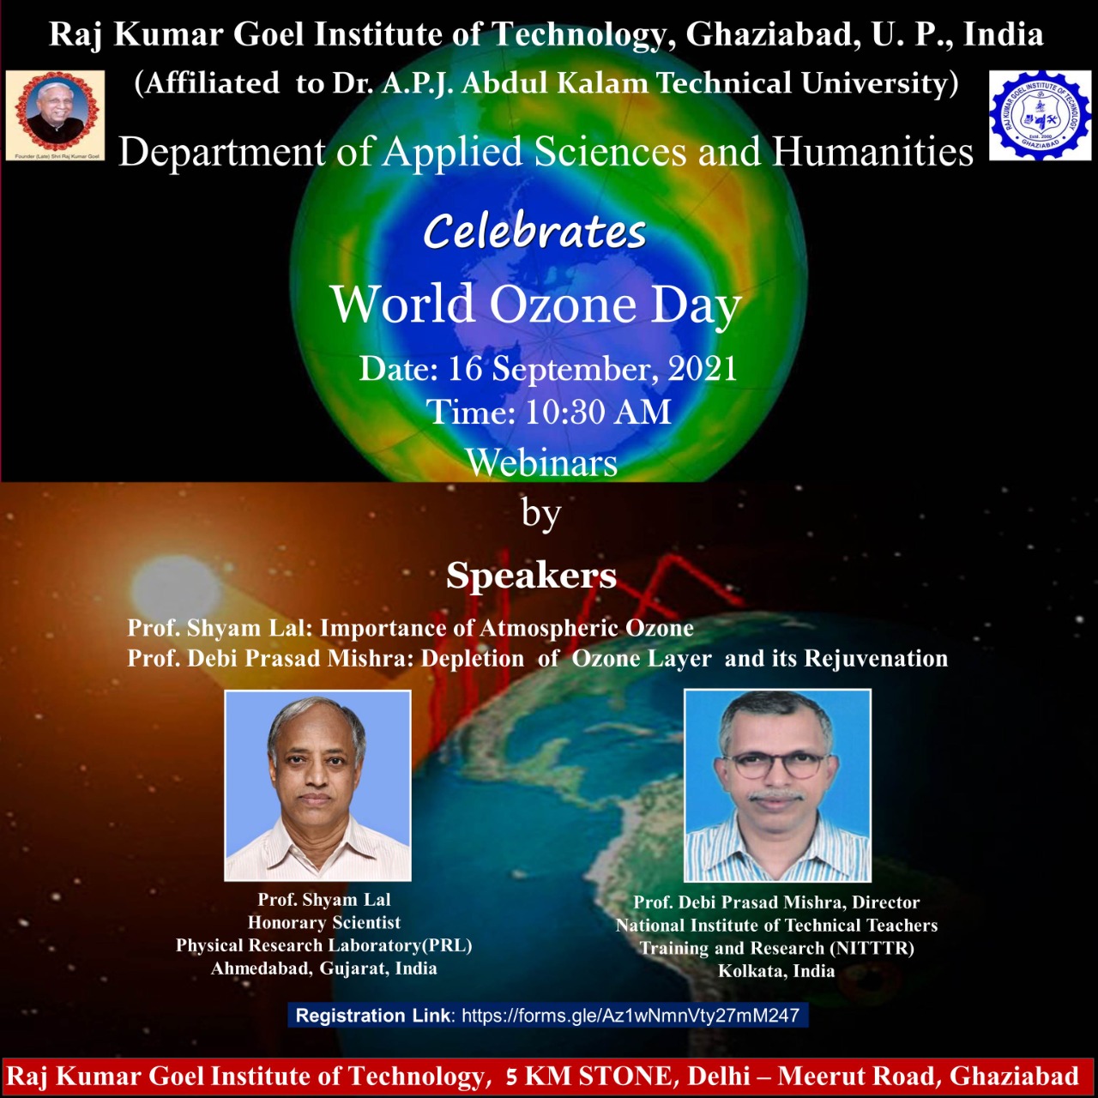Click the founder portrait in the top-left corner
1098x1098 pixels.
[x=55, y=115]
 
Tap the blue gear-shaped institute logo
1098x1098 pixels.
[x=1040, y=115]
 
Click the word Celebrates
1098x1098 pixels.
[x=534, y=232]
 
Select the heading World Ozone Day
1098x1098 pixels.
[x=535, y=305]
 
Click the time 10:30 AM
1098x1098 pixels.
[x=598, y=412]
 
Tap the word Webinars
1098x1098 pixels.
[x=542, y=462]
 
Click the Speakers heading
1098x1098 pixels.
[x=531, y=575]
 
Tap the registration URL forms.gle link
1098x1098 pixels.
[x=630, y=1015]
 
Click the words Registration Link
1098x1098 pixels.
[x=373, y=1015]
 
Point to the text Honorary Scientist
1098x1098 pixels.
[x=324, y=922]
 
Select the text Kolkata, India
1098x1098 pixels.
[x=776, y=970]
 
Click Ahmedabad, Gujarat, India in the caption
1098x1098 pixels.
[x=323, y=968]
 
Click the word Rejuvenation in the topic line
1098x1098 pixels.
[x=876, y=658]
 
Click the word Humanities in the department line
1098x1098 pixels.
[x=872, y=153]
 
